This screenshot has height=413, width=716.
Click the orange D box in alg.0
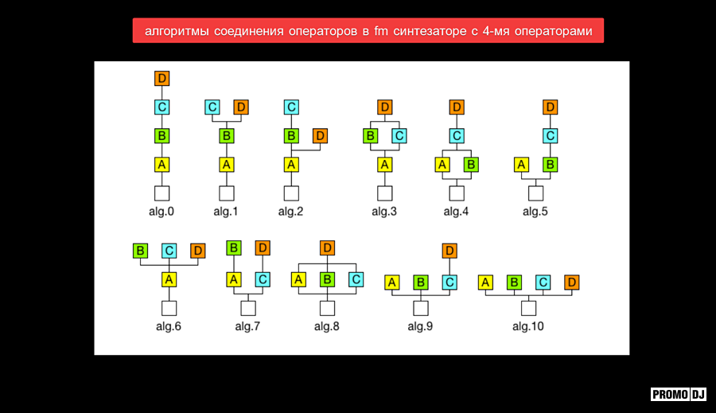(161, 78)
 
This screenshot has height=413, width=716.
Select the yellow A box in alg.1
(227, 165)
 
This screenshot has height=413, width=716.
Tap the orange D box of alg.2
(320, 136)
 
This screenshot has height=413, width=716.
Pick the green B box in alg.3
(370, 136)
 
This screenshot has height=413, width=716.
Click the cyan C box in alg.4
(457, 136)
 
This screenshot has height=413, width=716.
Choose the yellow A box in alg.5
(521, 165)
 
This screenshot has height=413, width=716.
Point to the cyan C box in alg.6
(169, 251)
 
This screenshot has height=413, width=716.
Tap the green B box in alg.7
(234, 248)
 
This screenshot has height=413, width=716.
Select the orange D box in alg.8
(327, 248)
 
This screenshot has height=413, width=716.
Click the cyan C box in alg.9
(449, 282)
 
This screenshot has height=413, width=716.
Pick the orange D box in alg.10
(572, 282)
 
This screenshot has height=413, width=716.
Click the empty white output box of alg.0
(161, 193)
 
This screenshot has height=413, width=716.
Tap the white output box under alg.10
(528, 309)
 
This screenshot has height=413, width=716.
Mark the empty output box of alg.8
(327, 309)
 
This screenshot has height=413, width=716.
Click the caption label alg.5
(535, 212)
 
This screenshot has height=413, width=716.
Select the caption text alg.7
(247, 326)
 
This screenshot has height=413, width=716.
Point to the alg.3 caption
(384, 212)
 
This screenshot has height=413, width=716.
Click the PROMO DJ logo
(679, 394)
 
